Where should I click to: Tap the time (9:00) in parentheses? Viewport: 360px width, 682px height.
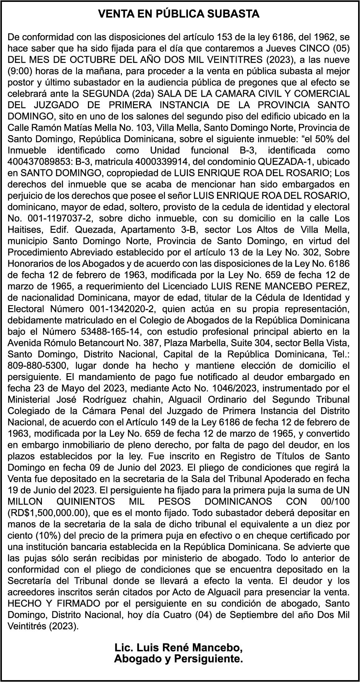click(x=20, y=71)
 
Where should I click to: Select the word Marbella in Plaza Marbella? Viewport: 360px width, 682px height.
click(x=222, y=343)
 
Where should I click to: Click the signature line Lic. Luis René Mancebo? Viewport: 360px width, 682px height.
click(x=178, y=648)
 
